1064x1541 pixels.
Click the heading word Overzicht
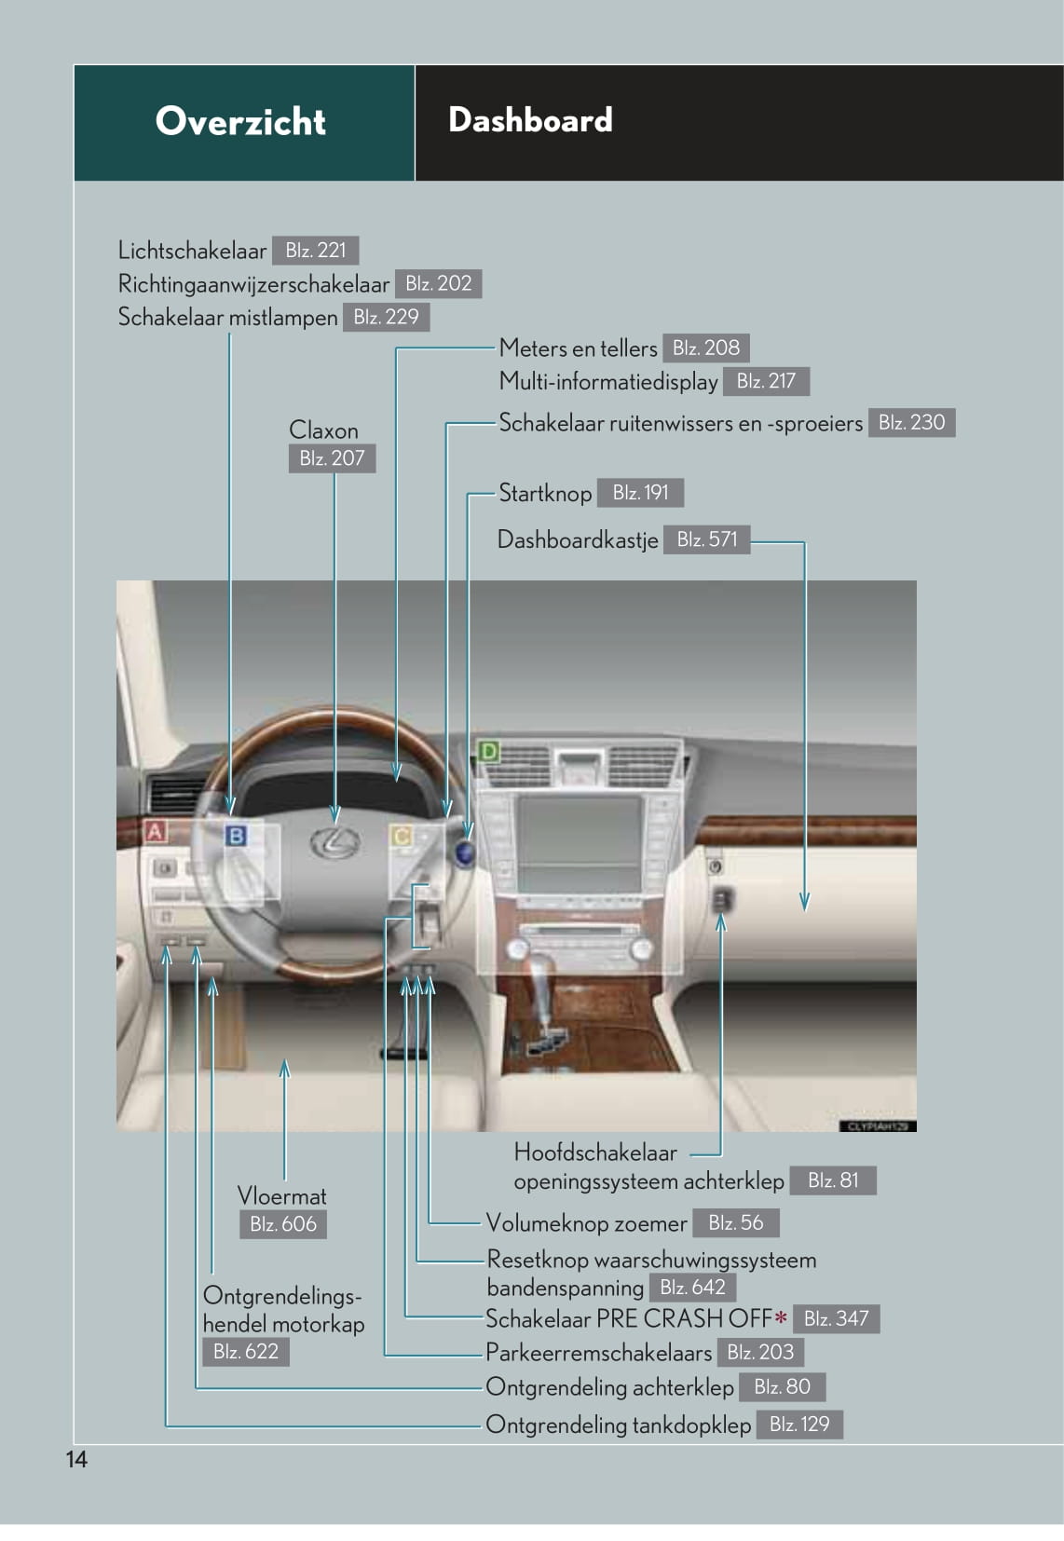(240, 121)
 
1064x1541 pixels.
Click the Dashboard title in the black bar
(530, 119)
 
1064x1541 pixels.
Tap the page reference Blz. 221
(316, 250)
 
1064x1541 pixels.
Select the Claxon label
(323, 430)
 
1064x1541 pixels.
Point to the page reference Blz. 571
(707, 539)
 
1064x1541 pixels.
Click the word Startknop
(545, 493)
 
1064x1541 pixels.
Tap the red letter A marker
(156, 832)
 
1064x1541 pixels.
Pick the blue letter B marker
(236, 837)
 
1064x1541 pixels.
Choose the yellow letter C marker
(401, 837)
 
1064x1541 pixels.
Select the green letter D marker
(487, 751)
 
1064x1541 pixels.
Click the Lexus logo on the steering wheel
(335, 843)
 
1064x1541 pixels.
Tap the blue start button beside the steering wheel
(466, 853)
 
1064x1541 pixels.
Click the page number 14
(76, 1459)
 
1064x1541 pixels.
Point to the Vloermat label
(282, 1196)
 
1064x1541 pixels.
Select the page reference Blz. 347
(837, 1318)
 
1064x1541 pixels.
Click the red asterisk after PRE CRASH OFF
(781, 1317)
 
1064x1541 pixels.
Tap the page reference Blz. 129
(800, 1424)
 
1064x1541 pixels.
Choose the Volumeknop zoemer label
(587, 1223)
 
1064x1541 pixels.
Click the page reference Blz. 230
(912, 422)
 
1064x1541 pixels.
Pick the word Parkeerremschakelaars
(598, 1353)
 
